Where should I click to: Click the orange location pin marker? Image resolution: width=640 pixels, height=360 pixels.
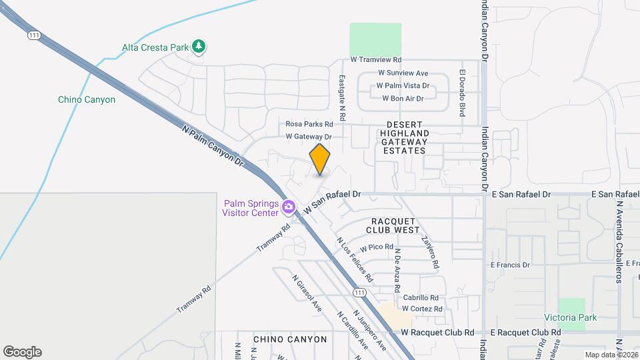(x=320, y=159)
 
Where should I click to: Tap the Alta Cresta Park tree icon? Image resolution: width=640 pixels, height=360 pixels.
(x=198, y=47)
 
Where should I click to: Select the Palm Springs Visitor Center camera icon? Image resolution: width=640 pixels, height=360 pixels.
(x=289, y=207)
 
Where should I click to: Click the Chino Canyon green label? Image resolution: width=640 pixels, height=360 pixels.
(x=87, y=100)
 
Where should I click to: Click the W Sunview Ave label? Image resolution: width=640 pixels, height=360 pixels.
(x=403, y=73)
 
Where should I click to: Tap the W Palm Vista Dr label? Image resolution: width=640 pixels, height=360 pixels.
(x=403, y=86)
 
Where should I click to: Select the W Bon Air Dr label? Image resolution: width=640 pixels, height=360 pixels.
(x=403, y=99)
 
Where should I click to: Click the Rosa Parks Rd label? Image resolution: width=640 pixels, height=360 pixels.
(x=309, y=124)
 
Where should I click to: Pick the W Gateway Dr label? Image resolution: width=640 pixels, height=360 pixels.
(x=309, y=137)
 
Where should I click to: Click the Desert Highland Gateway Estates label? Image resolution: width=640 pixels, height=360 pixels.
(x=403, y=137)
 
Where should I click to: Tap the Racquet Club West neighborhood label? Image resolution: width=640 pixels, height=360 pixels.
(x=393, y=225)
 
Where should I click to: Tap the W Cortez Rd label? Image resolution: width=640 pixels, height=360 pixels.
(x=422, y=309)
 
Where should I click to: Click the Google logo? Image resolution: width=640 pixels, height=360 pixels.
(x=22, y=352)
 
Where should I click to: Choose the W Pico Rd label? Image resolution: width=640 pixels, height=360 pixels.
(x=377, y=247)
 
